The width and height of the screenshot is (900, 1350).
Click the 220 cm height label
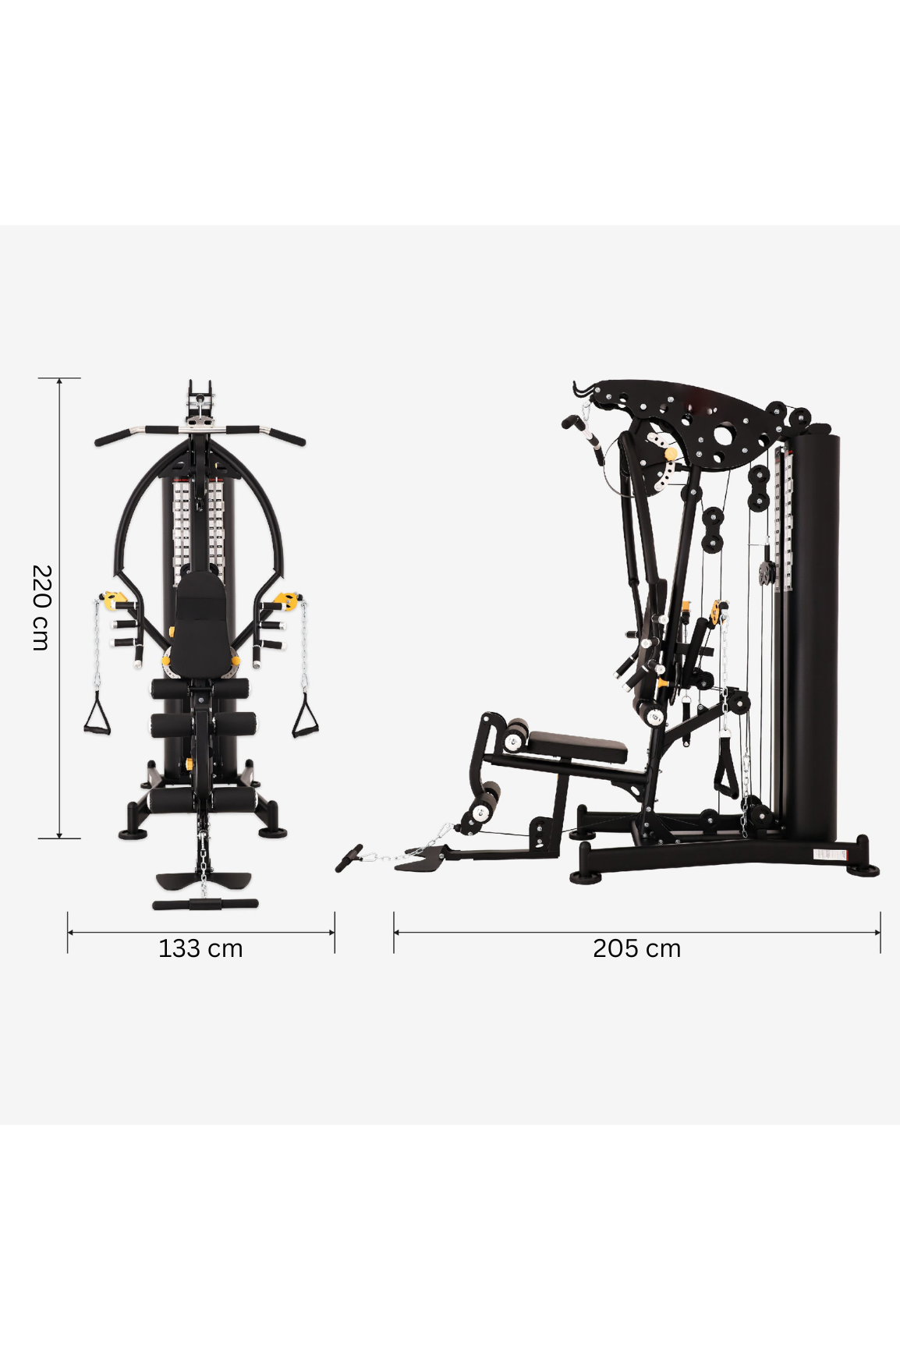[41, 608]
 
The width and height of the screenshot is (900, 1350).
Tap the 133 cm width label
[200, 948]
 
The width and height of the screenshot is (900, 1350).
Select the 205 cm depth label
[636, 948]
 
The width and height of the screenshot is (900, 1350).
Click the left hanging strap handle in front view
[97, 715]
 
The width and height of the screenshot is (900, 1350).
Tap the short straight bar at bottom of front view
[205, 905]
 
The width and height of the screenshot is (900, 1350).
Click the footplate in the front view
[204, 881]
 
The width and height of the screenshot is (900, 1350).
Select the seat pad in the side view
[577, 747]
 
